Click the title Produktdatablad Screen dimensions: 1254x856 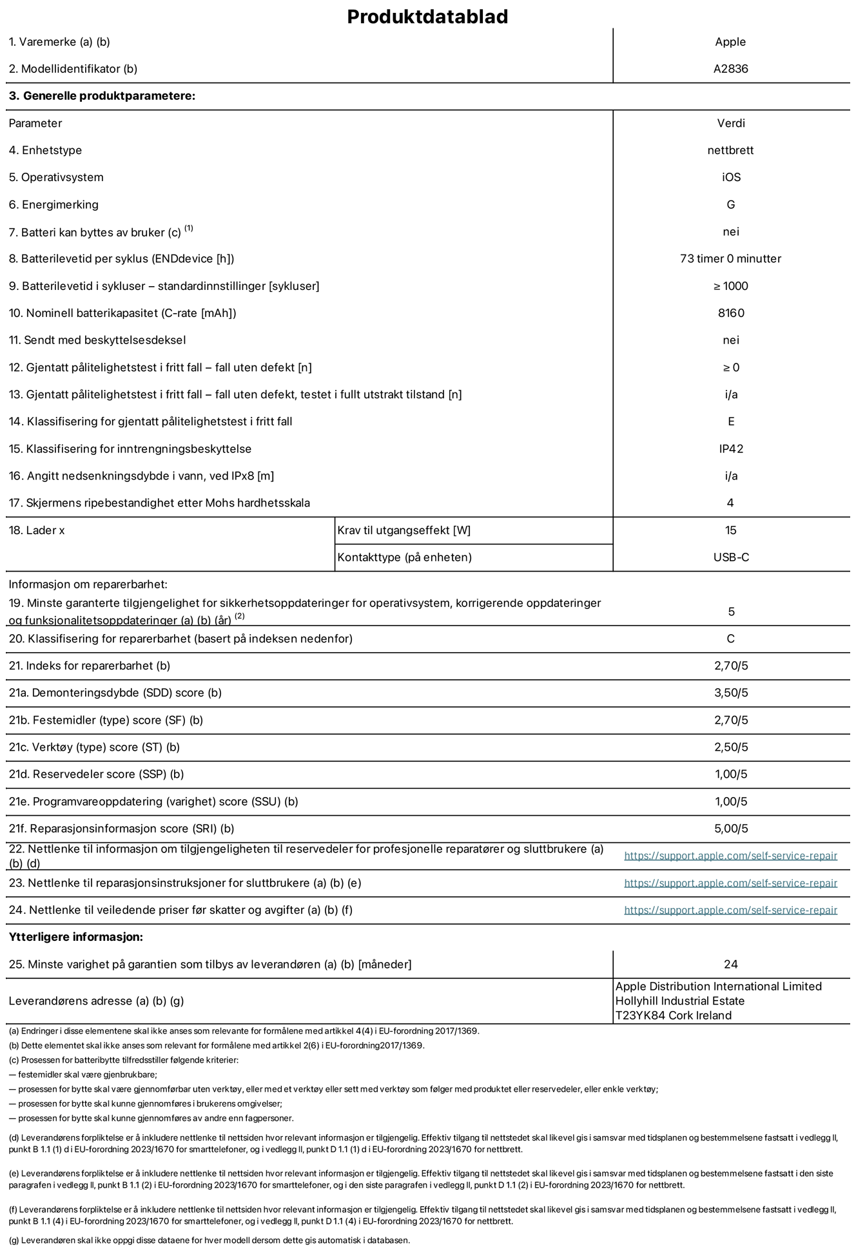[x=427, y=17]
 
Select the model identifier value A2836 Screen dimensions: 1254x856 [x=730, y=69]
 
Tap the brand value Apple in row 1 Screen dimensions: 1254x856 [x=730, y=42]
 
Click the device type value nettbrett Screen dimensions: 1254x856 [x=730, y=150]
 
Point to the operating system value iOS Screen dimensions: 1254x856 [x=731, y=177]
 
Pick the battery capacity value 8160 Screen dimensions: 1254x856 [x=731, y=313]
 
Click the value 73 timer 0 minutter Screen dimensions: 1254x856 [x=730, y=258]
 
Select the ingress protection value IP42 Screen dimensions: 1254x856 [x=731, y=449]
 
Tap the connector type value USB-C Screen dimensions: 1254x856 [x=731, y=557]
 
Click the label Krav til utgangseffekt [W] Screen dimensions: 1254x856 [x=404, y=530]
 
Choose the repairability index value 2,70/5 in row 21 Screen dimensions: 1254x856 [x=731, y=666]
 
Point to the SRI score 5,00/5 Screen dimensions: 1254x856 [x=731, y=829]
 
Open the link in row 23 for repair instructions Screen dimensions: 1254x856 [x=730, y=883]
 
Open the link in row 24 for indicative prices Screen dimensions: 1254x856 [x=730, y=910]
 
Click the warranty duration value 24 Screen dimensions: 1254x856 [x=730, y=964]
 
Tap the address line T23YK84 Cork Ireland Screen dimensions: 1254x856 [x=673, y=1016]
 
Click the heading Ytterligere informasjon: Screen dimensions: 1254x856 [x=75, y=937]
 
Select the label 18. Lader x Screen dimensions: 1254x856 [x=37, y=530]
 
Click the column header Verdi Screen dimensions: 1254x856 [x=731, y=123]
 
